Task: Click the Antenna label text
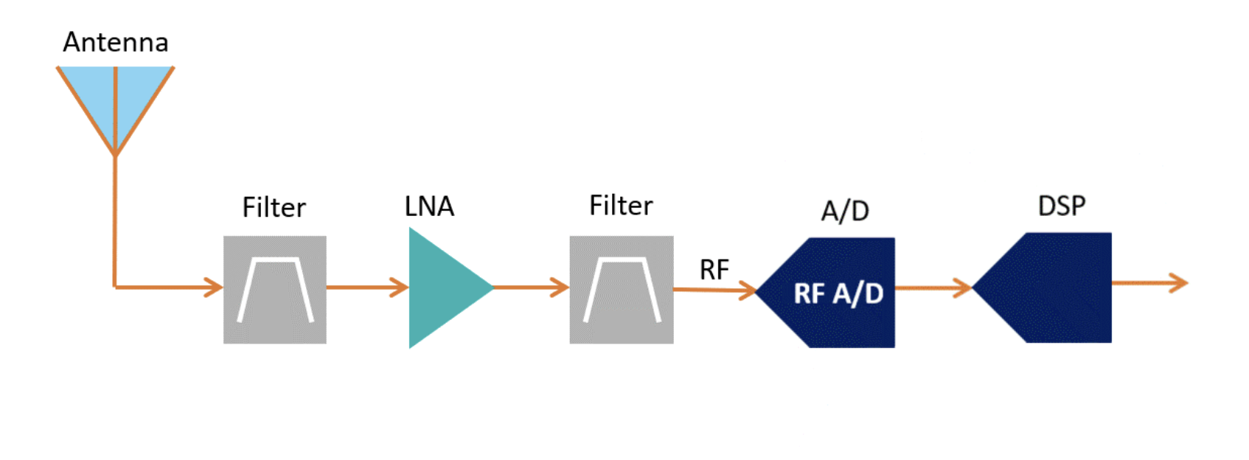[x=116, y=43]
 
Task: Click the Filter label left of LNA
[x=274, y=208]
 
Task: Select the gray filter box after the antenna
[x=275, y=290]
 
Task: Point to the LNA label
[x=429, y=206]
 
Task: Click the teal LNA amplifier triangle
[x=442, y=287]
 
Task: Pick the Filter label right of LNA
[x=621, y=206]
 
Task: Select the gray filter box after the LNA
[x=622, y=290]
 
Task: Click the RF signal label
[x=714, y=270]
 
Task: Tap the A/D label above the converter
[x=845, y=212]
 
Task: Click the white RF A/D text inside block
[x=838, y=293]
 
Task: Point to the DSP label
[x=1061, y=206]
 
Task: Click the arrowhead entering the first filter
[x=215, y=287]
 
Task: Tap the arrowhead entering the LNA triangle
[x=400, y=287]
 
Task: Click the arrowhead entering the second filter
[x=561, y=287]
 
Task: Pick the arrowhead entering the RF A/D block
[x=748, y=290]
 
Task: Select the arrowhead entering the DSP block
[x=964, y=287]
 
